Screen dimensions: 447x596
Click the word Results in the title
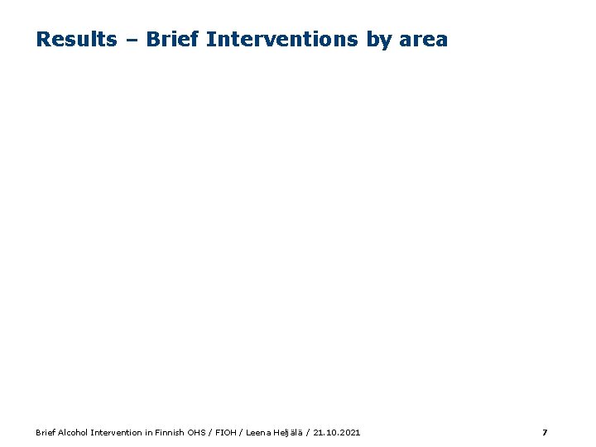76,39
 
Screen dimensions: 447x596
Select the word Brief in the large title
173,39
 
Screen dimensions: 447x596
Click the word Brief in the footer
46,432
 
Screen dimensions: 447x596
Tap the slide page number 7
544,432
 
